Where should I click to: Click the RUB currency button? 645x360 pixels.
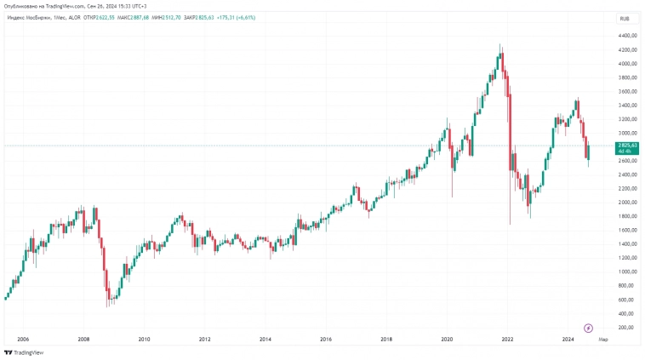[625, 17]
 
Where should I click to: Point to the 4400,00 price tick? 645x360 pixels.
[629, 36]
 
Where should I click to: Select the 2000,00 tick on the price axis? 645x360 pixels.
[629, 203]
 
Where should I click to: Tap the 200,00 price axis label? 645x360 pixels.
[627, 328]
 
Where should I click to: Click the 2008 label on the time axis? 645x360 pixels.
[83, 339]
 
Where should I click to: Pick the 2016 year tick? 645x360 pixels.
[326, 339]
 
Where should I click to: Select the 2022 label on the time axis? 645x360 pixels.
[508, 339]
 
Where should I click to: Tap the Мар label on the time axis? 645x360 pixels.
[603, 339]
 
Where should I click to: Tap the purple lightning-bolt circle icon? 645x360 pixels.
[588, 328]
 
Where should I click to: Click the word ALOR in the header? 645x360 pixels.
[74, 17]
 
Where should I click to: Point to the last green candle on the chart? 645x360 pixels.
[588, 151]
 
